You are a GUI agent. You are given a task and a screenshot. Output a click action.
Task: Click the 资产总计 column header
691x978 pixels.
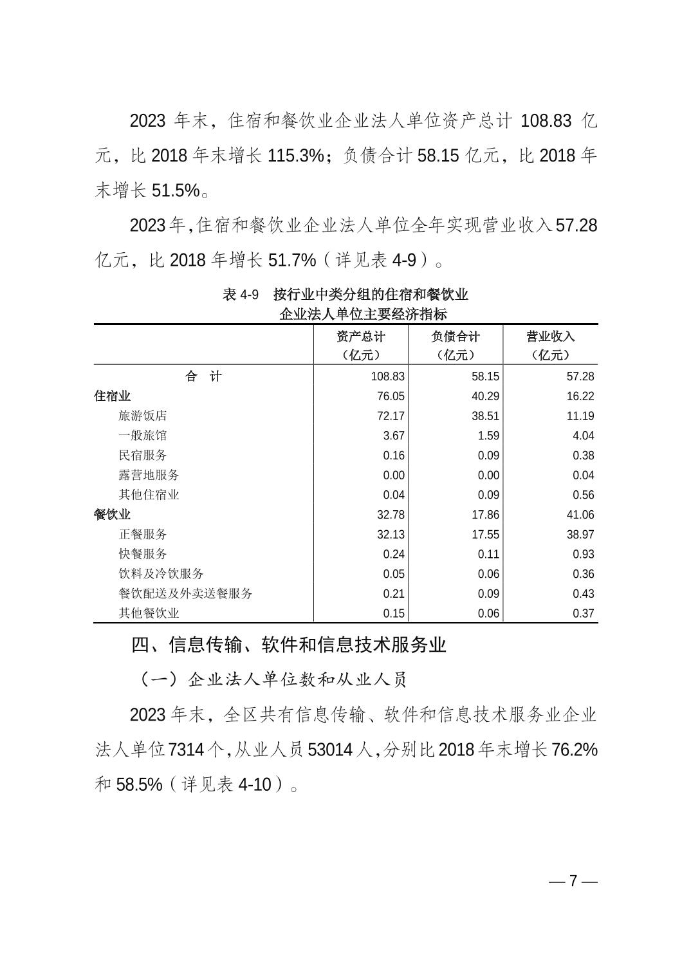pos(361,337)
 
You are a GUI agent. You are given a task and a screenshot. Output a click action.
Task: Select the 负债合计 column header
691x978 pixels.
pos(456,337)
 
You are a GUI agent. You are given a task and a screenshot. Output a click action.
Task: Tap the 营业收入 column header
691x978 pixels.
pos(550,337)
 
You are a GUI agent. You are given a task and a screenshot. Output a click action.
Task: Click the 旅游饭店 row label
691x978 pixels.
pos(143,416)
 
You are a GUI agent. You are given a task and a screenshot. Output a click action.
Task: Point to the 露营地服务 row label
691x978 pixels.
pos(149,475)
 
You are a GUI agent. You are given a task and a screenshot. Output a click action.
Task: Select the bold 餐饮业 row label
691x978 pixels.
pos(113,515)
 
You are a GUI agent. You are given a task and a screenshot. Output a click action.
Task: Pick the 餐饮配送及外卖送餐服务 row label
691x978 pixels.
pos(185,594)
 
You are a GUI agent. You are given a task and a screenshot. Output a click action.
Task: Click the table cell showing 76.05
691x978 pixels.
pos(391,396)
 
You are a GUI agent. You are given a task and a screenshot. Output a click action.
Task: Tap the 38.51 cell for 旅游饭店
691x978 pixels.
pos(485,416)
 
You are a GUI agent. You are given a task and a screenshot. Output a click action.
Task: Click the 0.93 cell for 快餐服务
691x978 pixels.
pos(583,555)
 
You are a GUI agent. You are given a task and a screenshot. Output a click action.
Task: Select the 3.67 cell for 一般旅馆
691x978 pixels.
pos(394,436)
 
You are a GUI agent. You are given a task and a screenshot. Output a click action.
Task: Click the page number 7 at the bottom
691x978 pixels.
pos(573,881)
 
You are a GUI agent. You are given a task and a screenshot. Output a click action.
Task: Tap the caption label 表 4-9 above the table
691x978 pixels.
pos(241,295)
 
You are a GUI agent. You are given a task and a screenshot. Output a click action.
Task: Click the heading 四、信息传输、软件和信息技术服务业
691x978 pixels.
pos(288,645)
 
